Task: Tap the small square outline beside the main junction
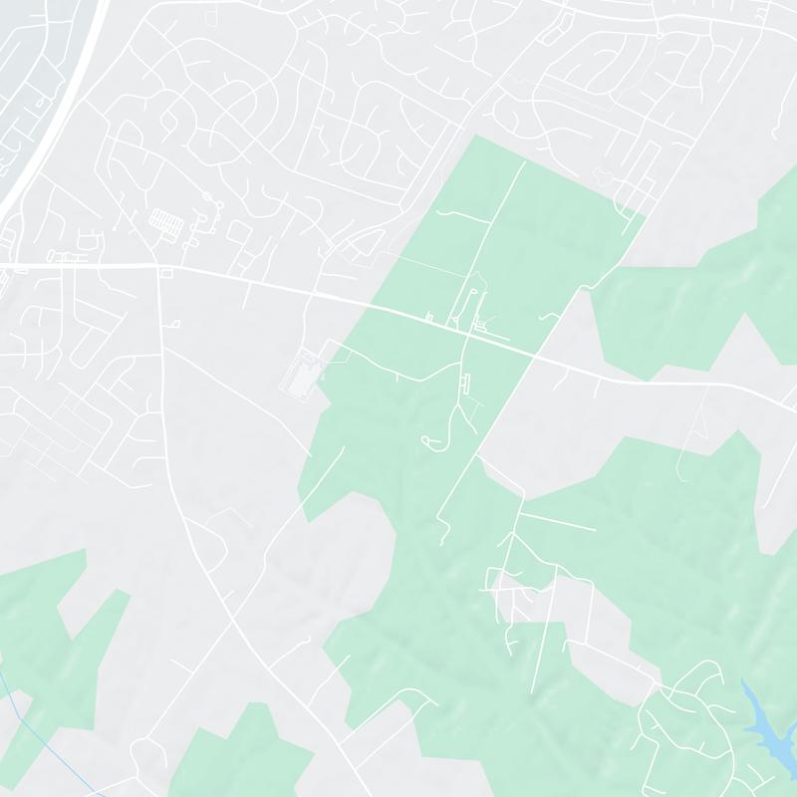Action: pyautogui.click(x=166, y=272)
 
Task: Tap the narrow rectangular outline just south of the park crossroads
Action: pyautogui.click(x=466, y=382)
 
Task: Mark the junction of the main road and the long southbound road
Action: pyautogui.click(x=159, y=266)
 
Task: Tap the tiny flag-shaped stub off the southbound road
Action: pyautogui.click(x=174, y=324)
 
